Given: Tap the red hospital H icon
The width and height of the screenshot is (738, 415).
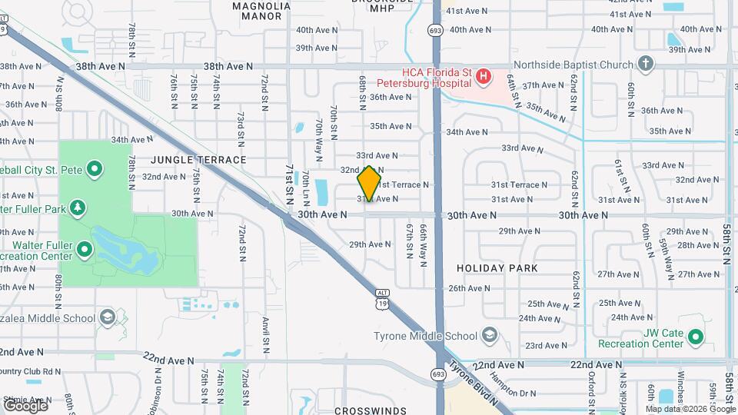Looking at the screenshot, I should [x=483, y=75].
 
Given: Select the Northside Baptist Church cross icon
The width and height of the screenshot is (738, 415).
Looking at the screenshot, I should [x=646, y=64].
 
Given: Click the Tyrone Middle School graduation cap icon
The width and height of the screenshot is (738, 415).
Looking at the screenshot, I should [x=490, y=335].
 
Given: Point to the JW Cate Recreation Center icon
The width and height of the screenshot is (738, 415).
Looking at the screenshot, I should [x=696, y=336].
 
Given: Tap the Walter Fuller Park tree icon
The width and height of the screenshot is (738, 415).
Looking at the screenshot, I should [x=77, y=207].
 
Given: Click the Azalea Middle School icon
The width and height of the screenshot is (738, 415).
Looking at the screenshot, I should [x=107, y=317].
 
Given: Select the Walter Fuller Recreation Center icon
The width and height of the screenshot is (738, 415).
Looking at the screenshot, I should [x=84, y=248].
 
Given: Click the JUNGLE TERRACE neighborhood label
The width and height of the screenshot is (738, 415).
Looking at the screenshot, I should [x=198, y=160].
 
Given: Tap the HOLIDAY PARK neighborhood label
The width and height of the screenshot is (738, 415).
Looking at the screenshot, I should [x=496, y=268].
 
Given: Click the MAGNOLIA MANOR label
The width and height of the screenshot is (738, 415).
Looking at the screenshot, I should [x=261, y=11].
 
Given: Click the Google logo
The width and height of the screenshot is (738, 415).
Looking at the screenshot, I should [x=25, y=405].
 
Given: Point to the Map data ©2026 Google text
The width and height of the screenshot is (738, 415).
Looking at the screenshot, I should [x=691, y=409].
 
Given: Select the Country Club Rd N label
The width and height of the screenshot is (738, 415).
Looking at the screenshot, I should [x=31, y=371].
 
